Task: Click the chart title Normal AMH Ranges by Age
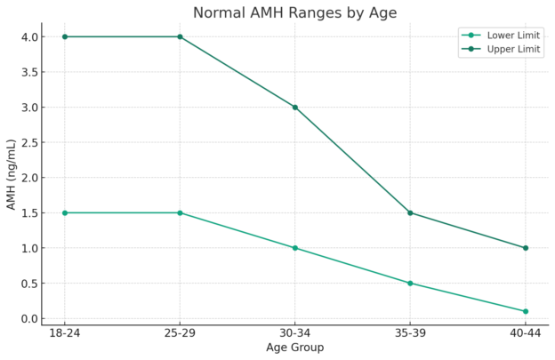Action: (x=294, y=12)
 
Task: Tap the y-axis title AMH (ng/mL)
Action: (x=12, y=174)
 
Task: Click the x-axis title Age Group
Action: (x=294, y=348)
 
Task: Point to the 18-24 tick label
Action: (x=65, y=332)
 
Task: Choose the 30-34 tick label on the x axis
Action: (x=294, y=332)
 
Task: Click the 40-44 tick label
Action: (x=525, y=332)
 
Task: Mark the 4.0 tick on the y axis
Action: (x=28, y=36)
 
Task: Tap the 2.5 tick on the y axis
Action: (x=28, y=142)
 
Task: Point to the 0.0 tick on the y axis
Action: (x=28, y=318)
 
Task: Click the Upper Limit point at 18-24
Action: (x=65, y=36)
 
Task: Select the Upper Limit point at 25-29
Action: (x=180, y=36)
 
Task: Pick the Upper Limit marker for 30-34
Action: (x=295, y=108)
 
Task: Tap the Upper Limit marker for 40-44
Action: (x=525, y=248)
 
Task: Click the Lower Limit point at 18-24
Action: (x=65, y=212)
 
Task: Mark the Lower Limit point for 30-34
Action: (x=295, y=248)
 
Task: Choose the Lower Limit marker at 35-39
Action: (x=410, y=283)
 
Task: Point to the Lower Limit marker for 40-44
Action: (x=525, y=311)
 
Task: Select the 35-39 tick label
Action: (x=410, y=332)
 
